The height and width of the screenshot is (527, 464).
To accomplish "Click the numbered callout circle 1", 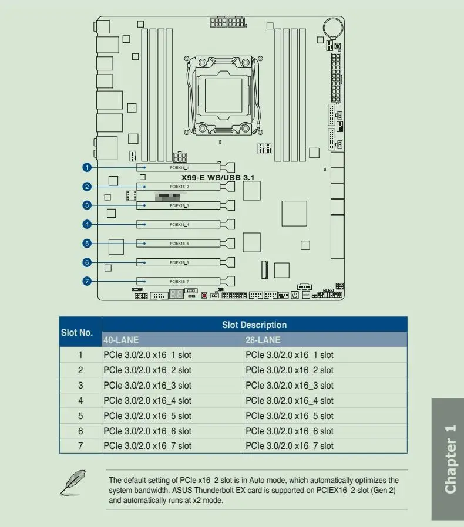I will tap(87, 168).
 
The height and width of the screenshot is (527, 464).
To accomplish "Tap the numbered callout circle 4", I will tap(87, 224).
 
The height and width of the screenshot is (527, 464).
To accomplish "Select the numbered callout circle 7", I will tap(87, 281).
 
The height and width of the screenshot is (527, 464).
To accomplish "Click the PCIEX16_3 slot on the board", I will tap(179, 205).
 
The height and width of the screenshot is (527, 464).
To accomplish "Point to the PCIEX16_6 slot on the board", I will tap(179, 262).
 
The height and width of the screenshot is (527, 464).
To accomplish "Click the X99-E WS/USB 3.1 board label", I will tap(217, 177).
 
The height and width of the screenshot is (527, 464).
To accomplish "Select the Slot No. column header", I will tap(77, 332).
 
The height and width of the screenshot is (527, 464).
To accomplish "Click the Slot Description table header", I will tap(254, 325).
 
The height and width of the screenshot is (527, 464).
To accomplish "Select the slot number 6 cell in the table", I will tap(80, 431).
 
